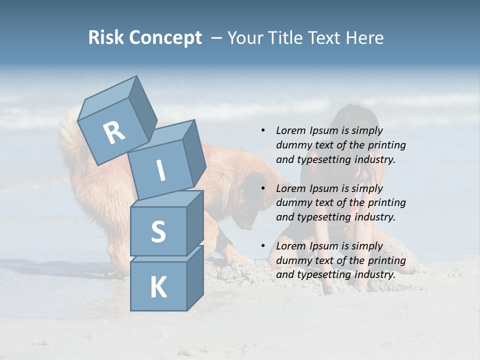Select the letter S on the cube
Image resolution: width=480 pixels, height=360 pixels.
coord(158,231)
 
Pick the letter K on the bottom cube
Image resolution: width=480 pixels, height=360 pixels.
coord(158,288)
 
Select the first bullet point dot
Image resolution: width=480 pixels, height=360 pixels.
coord(263,130)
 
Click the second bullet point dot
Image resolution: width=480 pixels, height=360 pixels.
coord(263,188)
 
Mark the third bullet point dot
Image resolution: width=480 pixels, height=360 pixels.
coord(263,246)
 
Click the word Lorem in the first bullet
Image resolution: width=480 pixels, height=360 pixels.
coord(290,130)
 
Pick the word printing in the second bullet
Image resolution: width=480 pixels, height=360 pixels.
coord(387,203)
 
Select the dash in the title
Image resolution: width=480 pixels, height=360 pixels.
coord(217,38)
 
